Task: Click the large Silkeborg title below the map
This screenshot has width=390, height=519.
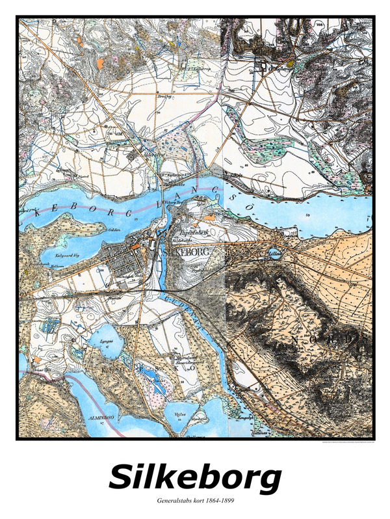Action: tap(195, 478)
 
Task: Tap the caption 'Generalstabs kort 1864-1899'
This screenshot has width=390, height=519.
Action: tap(195, 501)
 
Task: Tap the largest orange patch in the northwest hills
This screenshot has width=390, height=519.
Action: tap(101, 63)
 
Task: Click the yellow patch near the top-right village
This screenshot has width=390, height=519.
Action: tap(291, 64)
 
